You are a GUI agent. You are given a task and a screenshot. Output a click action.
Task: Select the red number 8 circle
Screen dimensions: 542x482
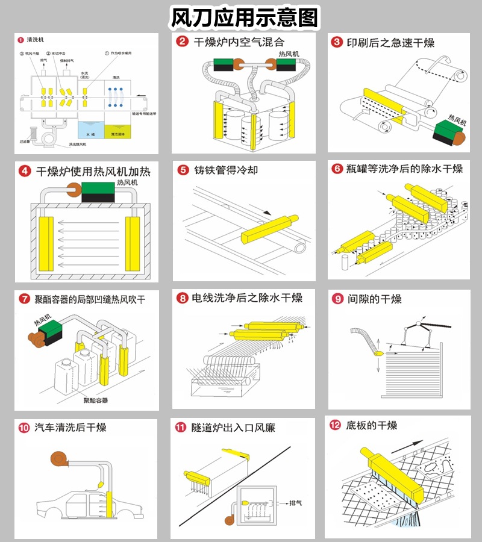181,298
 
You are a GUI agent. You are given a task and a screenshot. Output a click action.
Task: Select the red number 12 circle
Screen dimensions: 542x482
336,426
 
